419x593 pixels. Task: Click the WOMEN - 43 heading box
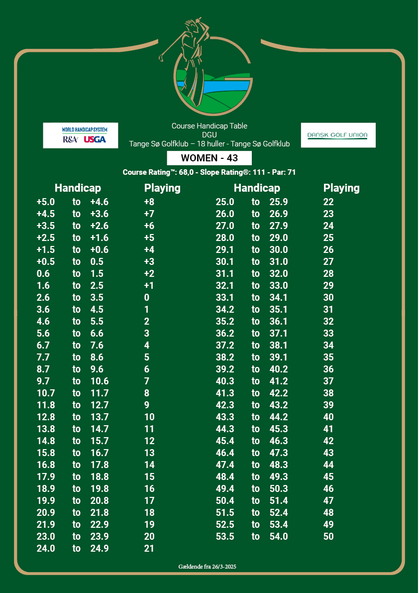coord(209,158)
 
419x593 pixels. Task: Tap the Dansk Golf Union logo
coord(338,135)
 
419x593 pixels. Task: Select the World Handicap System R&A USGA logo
coord(81,135)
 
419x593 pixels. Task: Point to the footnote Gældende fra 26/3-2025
coord(209,567)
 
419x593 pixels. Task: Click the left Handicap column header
coord(78,188)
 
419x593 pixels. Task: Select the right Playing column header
coord(341,188)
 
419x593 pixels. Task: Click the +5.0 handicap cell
coord(46,202)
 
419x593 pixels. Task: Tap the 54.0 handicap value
coord(279,537)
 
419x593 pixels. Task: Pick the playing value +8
coord(149,202)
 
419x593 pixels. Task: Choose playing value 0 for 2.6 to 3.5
coord(147,298)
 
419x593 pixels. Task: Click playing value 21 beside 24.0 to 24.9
coord(149,549)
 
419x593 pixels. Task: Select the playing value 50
coord(328,537)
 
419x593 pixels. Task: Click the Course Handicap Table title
coord(209,126)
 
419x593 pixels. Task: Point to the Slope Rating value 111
coord(251,172)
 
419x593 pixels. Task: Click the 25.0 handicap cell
coord(225,202)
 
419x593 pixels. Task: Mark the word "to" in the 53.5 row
coord(256,537)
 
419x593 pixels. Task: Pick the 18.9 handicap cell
coord(46,489)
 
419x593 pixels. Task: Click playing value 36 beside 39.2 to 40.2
coord(328,369)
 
